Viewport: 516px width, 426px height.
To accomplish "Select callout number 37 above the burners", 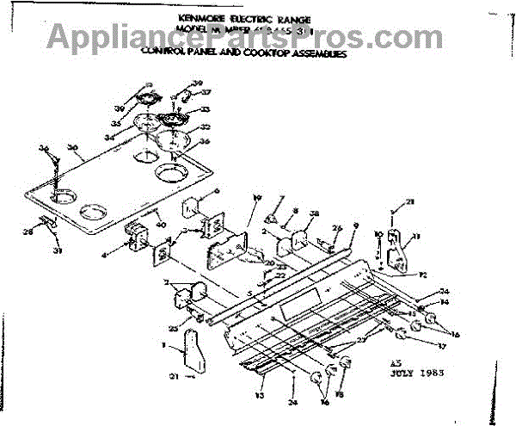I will (206, 92).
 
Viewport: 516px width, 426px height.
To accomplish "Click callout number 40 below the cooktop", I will (160, 225).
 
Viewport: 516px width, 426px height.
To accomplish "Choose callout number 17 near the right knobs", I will (443, 347).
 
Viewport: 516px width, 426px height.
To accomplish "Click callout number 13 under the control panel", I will (260, 396).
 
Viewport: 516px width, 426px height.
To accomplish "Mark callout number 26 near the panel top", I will (335, 227).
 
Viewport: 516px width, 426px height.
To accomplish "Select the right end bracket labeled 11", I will (397, 250).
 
